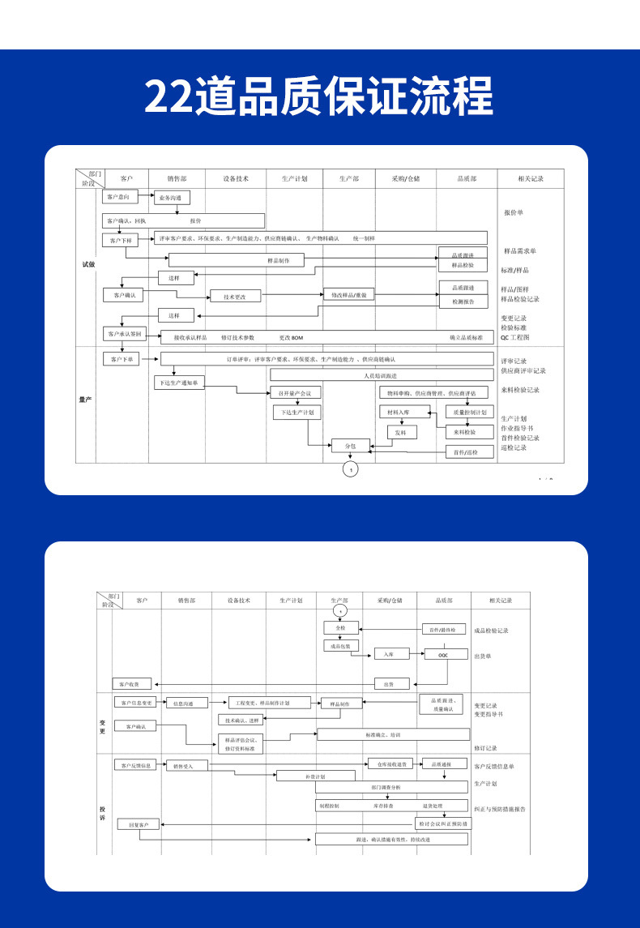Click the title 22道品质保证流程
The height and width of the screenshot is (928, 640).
tap(319, 96)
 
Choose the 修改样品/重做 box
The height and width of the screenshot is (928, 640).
tap(349, 295)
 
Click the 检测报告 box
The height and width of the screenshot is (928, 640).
tap(463, 301)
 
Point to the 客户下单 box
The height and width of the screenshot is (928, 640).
tap(121, 358)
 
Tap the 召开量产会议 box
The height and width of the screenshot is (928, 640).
tap(296, 393)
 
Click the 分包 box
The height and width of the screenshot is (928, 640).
tap(350, 445)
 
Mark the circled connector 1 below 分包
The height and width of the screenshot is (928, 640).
tap(350, 470)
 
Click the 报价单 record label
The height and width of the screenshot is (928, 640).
tap(514, 213)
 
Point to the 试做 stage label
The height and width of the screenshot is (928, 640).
tap(88, 264)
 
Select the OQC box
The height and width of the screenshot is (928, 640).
tap(442, 655)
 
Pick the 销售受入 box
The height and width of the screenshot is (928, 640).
tap(186, 764)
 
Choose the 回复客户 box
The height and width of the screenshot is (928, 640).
tap(139, 825)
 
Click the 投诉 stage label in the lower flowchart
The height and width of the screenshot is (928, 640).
tap(103, 813)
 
